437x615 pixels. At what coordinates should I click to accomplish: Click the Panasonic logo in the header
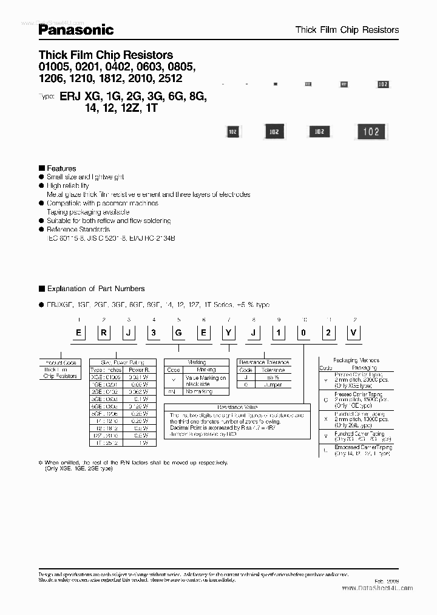click(x=76, y=29)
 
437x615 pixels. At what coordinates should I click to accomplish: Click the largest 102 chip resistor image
click(x=371, y=131)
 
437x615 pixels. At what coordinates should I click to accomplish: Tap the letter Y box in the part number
click(x=228, y=332)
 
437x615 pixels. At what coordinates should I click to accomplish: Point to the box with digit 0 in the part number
click(x=303, y=332)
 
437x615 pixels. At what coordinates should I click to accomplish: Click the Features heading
click(x=61, y=168)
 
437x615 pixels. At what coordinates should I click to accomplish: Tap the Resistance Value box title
click(x=234, y=408)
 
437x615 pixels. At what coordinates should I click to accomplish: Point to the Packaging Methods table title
click(x=355, y=360)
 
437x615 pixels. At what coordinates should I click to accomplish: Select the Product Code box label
click(x=60, y=362)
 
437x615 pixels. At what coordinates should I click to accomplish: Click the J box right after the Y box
click(x=253, y=332)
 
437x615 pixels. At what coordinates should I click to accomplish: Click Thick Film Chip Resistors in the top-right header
click(x=347, y=29)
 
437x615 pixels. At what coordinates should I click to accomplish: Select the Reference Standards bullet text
click(x=78, y=230)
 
